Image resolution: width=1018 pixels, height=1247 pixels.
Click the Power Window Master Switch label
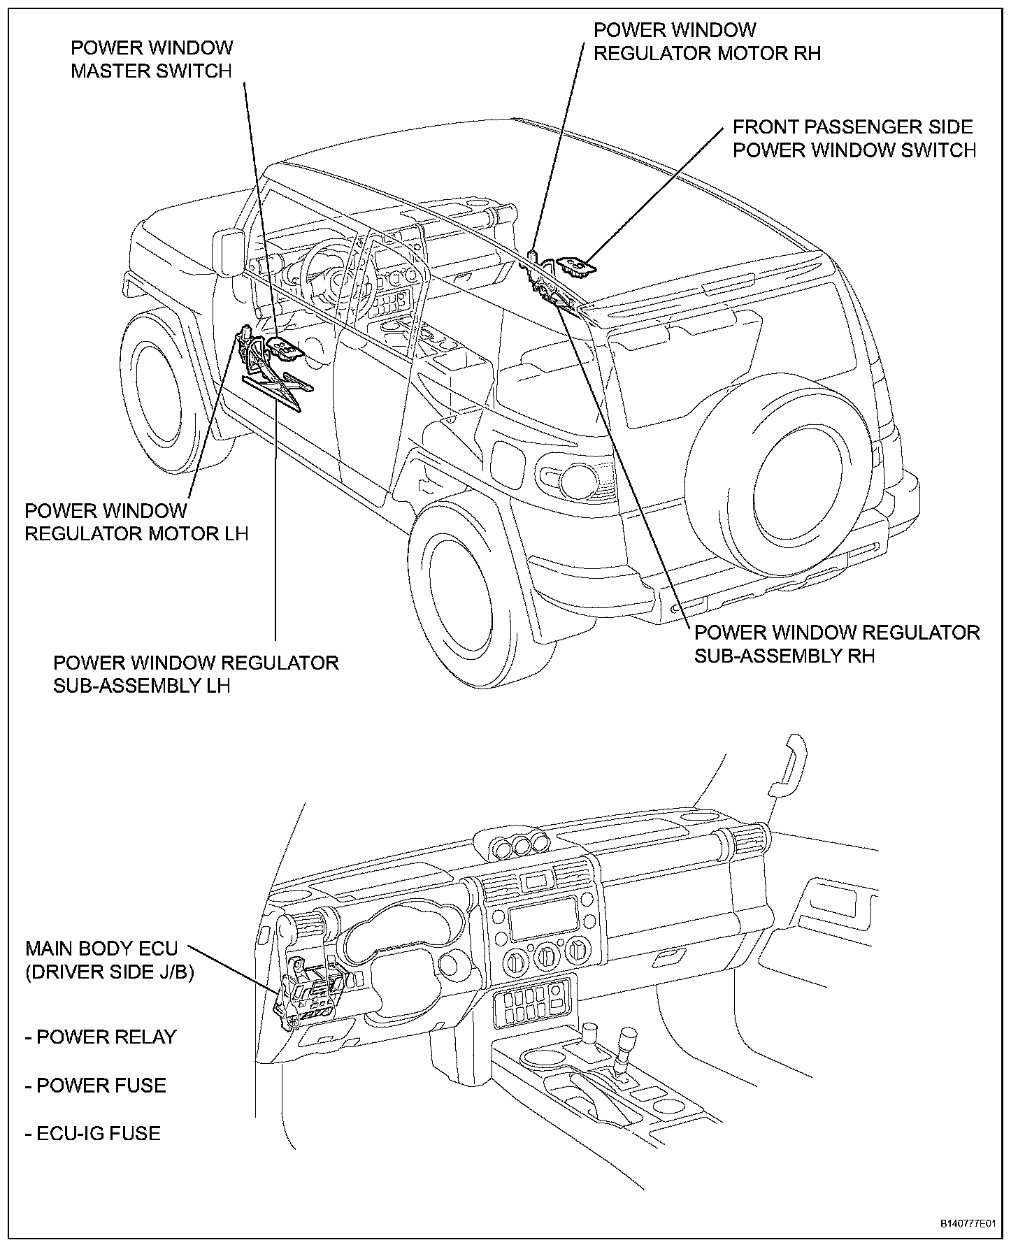[152, 59]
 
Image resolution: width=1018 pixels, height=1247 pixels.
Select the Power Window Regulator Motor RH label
[706, 41]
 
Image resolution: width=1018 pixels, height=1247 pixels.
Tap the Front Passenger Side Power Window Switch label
[854, 138]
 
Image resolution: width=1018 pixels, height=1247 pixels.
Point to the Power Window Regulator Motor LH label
[136, 522]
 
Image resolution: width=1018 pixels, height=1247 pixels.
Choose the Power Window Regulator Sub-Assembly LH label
[196, 674]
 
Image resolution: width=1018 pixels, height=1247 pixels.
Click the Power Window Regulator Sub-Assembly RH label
[836, 644]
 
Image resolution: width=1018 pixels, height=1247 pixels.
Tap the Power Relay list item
[101, 1037]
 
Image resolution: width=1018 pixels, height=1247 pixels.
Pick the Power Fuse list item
[96, 1086]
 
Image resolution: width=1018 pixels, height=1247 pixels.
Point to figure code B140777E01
[967, 1224]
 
